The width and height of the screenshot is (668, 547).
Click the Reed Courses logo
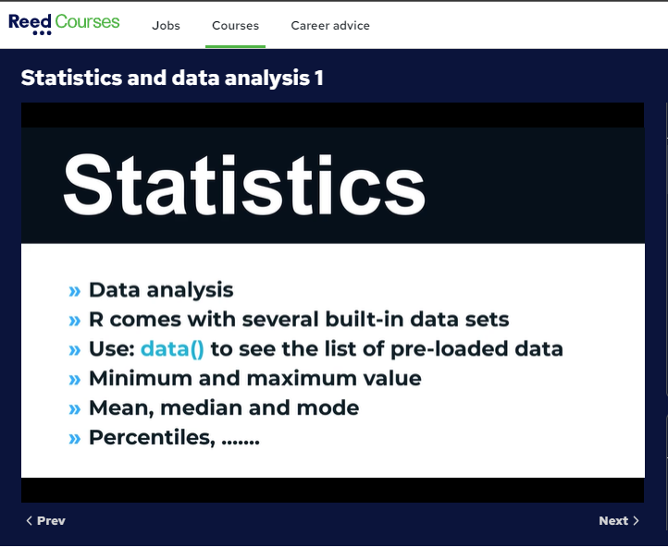click(64, 24)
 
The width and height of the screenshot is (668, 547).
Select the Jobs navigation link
click(167, 26)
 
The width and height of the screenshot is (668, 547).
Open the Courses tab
click(236, 26)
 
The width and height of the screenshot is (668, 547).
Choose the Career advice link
click(330, 26)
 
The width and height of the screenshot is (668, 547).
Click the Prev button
click(46, 520)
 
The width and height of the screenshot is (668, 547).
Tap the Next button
click(619, 520)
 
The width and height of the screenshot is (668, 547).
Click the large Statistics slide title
click(244, 185)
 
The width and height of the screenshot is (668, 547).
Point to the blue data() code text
click(172, 348)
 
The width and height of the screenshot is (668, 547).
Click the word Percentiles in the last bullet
click(152, 437)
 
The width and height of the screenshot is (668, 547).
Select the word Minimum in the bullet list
click(140, 378)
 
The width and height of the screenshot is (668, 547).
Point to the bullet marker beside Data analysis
click(74, 291)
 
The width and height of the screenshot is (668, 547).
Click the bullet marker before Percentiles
click(74, 439)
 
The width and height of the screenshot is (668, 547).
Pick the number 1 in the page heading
click(319, 79)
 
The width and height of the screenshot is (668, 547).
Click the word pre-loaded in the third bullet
click(449, 348)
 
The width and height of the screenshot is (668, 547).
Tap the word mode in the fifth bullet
click(328, 407)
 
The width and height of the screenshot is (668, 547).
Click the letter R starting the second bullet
click(96, 320)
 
